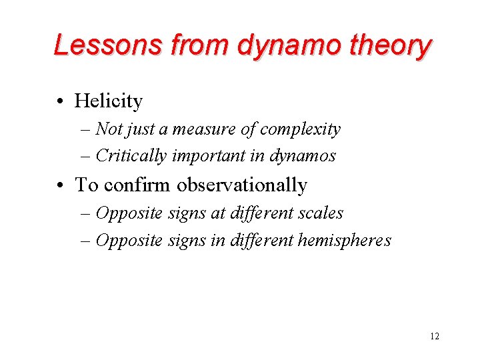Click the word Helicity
tap(109, 101)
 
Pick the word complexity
tap(300, 129)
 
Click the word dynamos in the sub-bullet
tap(303, 156)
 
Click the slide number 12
tap(435, 336)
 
